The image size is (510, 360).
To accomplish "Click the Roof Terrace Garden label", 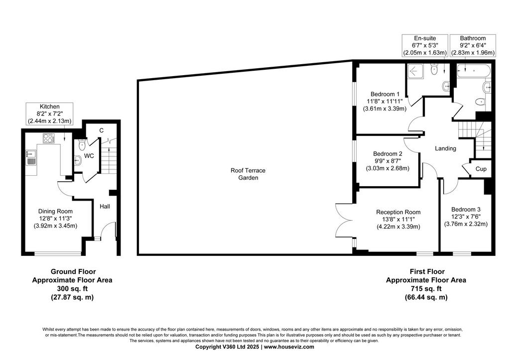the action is [248, 174].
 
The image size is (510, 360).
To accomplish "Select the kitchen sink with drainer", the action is [30, 158].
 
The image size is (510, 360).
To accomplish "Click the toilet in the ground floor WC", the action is [82, 144].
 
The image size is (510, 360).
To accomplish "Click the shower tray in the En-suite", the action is [415, 71].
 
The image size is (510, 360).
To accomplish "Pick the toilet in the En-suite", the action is [434, 69].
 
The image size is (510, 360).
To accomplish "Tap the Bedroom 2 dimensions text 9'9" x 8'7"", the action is [387, 161].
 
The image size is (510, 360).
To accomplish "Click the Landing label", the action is [445, 148].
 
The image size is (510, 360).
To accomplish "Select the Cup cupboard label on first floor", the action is [481, 169].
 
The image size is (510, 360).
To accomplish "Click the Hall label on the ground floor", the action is [105, 206].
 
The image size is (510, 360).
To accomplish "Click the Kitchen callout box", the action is [50, 114].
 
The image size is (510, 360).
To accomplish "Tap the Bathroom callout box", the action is [473, 45].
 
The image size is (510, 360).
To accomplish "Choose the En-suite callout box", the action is [425, 45].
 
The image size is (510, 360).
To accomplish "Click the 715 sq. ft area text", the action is [426, 288].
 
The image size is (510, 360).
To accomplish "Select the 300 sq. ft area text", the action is [72, 288].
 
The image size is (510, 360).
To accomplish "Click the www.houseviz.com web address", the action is [289, 347].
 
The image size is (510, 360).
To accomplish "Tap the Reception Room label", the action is [398, 212].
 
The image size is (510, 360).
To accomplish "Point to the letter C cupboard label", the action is [102, 130].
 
